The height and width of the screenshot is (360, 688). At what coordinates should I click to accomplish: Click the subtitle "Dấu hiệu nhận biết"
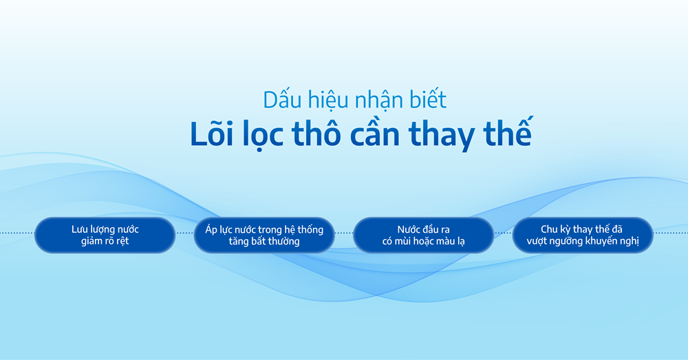(354, 100)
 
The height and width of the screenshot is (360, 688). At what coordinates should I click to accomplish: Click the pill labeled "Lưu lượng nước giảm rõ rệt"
(105, 235)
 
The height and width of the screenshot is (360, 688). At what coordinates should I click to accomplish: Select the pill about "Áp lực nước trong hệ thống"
(264, 235)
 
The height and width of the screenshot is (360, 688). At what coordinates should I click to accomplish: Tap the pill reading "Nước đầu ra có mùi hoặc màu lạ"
(423, 235)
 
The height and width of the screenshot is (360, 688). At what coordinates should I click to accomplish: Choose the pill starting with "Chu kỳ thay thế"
(583, 235)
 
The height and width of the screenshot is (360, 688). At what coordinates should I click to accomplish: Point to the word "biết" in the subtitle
(427, 100)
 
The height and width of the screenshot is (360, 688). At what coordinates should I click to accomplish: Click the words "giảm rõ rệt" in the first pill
(105, 242)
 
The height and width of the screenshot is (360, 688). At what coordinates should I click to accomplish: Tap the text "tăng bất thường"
(264, 242)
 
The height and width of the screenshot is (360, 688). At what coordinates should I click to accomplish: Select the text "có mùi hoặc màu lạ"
(423, 242)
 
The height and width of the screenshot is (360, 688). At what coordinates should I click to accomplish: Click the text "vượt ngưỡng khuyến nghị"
(583, 242)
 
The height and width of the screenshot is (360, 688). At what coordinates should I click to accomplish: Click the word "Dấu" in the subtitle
(279, 100)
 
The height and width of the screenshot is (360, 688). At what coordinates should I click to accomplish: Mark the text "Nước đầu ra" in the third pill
(423, 229)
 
